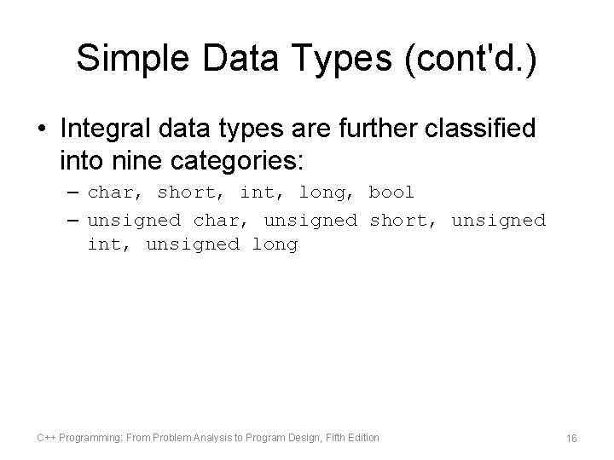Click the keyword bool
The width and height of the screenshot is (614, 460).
click(391, 193)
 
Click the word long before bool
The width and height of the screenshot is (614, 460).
click(321, 193)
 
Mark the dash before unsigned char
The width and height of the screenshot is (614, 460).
click(72, 220)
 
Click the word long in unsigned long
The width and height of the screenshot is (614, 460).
click(275, 245)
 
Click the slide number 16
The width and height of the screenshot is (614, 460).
click(571, 438)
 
